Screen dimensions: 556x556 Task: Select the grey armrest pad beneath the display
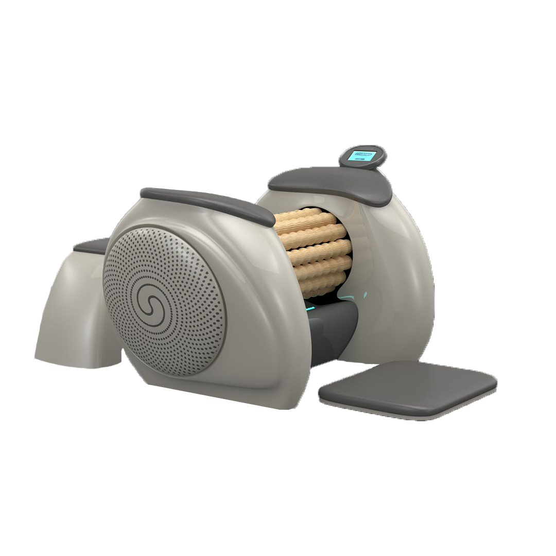[x=329, y=184]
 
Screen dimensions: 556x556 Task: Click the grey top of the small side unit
[x=93, y=246]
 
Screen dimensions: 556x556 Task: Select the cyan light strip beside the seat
[x=310, y=308]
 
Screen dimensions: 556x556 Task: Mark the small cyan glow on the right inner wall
[x=365, y=295]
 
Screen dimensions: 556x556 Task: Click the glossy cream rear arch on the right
[x=407, y=288]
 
